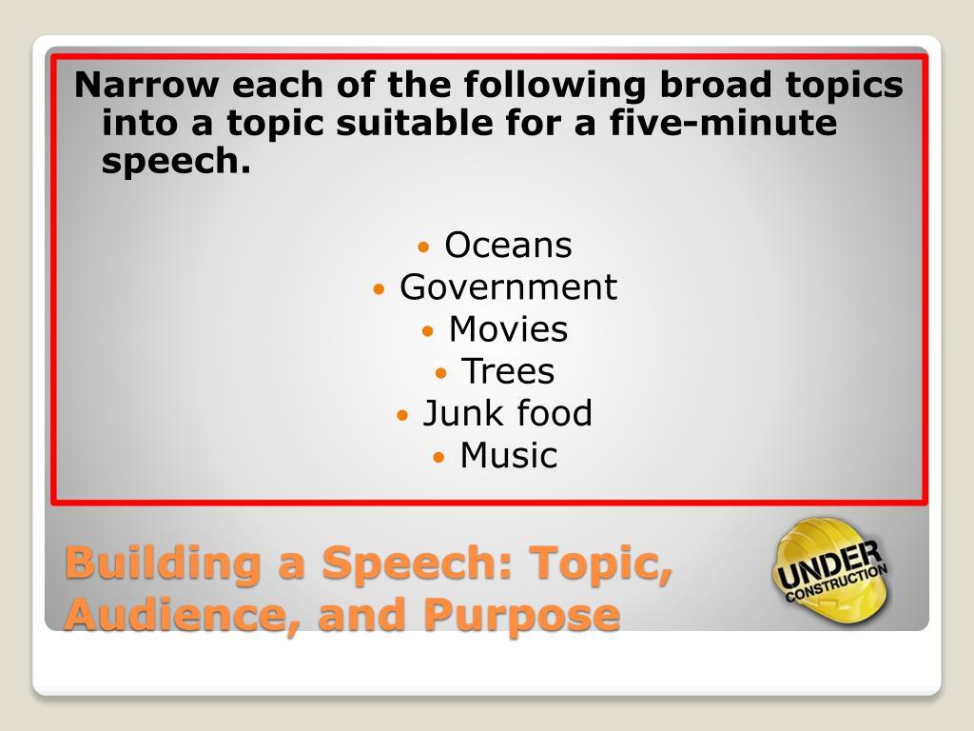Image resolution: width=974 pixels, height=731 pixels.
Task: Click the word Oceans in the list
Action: [x=508, y=246]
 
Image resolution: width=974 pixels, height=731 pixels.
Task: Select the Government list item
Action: [x=508, y=287]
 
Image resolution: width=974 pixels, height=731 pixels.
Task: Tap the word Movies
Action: [x=508, y=329]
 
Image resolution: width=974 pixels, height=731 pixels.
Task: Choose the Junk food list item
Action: [x=507, y=413]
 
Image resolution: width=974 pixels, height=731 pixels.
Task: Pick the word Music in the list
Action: [x=508, y=455]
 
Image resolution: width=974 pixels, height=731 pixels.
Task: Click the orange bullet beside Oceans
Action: [x=425, y=247]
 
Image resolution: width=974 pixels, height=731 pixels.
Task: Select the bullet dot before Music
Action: [x=439, y=457]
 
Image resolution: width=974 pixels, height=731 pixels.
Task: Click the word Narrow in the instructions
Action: [x=147, y=86]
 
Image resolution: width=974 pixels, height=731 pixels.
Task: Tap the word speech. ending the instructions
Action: [x=176, y=163]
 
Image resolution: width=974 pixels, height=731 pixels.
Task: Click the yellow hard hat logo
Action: [x=830, y=569]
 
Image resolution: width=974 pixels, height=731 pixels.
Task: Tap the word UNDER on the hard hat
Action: [x=828, y=563]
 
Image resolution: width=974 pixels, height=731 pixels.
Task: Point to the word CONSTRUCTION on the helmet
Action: [x=837, y=583]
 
